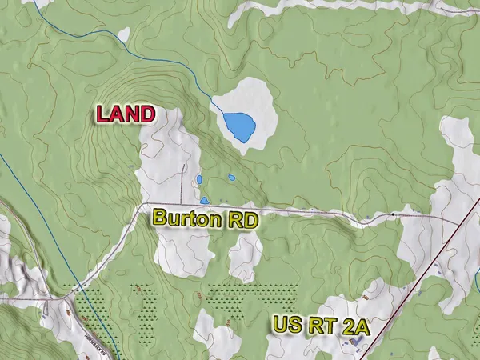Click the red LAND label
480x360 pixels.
[126, 114]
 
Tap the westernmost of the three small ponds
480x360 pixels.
[198, 179]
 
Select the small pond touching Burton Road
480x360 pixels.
[204, 200]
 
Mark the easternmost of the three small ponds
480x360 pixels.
[231, 177]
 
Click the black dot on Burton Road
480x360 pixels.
[393, 214]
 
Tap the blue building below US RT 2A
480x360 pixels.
[355, 342]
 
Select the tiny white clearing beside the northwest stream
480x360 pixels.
[123, 36]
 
